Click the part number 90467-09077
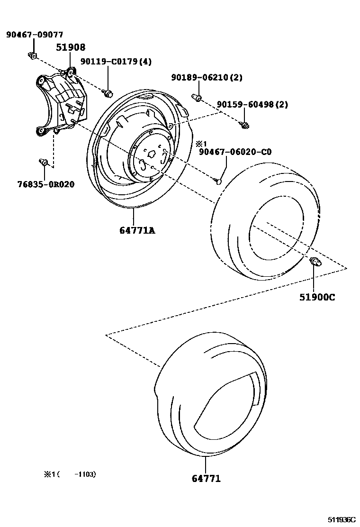coord(34,35)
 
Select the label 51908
coord(71,47)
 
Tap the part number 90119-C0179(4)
coord(116,62)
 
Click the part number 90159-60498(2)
coord(252,104)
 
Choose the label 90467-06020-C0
coord(235,152)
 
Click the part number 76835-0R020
coord(47,184)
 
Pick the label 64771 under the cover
coord(206,479)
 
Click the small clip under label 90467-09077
coord(32,56)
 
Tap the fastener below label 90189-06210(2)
coord(198,98)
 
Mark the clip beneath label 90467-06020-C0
coord(218,180)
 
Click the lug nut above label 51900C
coord(315,262)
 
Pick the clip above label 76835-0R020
coord(44,163)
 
